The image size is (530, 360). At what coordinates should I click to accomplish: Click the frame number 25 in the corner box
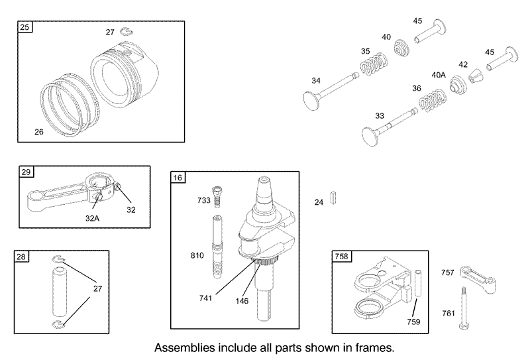(25, 27)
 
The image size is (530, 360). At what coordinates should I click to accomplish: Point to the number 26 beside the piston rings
(39, 132)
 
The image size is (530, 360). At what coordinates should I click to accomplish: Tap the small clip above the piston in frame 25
(127, 31)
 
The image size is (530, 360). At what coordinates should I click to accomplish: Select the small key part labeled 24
(333, 198)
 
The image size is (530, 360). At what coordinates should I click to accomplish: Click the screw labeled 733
(217, 198)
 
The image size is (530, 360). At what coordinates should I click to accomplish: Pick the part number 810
(197, 255)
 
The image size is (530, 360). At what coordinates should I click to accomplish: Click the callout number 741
(205, 298)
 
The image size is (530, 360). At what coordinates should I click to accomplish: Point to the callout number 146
(242, 301)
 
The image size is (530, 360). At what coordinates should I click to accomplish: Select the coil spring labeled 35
(373, 64)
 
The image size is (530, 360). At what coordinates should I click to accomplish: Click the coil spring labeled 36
(433, 100)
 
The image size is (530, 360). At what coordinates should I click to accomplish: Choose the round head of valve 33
(371, 137)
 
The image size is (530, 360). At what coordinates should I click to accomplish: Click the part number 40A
(439, 75)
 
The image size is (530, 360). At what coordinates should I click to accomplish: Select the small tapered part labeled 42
(476, 76)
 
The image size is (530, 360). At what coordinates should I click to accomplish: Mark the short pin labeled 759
(418, 283)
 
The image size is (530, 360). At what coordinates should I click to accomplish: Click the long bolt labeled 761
(464, 308)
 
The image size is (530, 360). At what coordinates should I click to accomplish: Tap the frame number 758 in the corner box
(341, 257)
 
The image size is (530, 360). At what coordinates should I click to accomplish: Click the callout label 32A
(92, 219)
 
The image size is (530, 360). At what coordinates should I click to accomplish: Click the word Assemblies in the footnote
(185, 348)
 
